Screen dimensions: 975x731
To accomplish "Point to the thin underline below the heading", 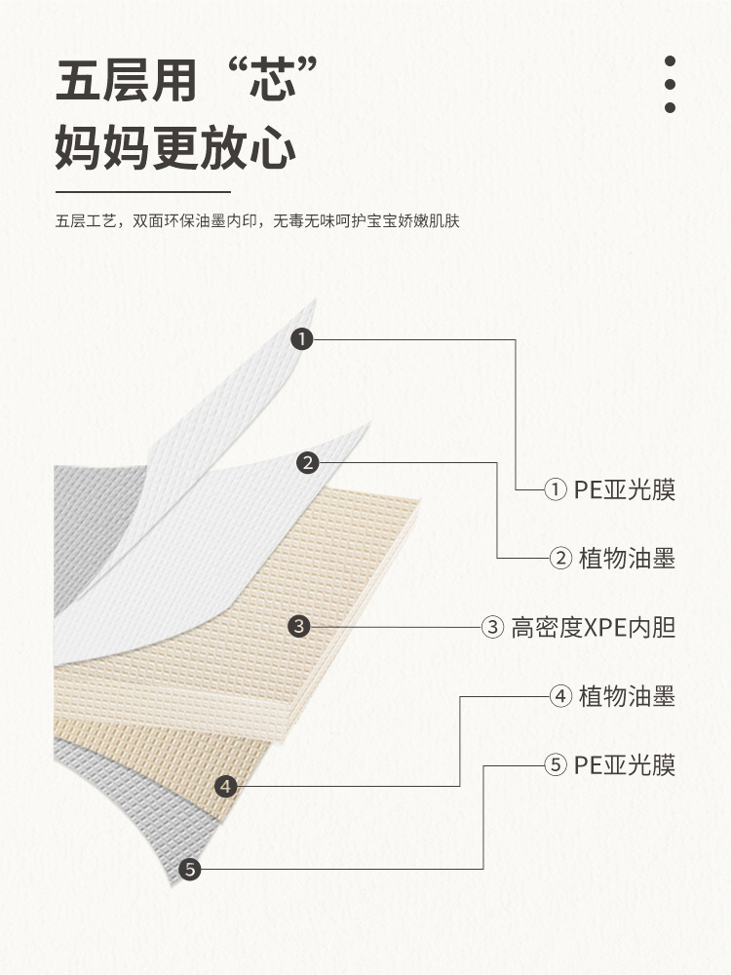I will click(142, 192).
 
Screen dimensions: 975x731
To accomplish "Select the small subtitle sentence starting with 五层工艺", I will click(257, 221).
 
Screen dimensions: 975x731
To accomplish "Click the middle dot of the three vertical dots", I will click(670, 85).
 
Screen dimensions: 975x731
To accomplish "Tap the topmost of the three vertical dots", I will click(670, 61).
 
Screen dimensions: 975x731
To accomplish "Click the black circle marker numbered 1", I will click(302, 339).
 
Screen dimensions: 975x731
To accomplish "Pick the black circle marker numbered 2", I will click(307, 463).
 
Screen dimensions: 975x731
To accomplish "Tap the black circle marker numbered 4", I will click(226, 785).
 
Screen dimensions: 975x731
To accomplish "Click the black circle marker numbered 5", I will click(190, 869).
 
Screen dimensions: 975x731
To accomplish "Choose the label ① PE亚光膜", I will click(608, 489).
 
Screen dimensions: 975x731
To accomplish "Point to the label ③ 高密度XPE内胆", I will click(579, 627).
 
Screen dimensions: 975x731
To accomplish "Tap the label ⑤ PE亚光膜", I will click(608, 765).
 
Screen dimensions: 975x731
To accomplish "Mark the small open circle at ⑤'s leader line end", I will click(556, 766).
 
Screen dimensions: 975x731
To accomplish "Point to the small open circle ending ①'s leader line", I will click(556, 489).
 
